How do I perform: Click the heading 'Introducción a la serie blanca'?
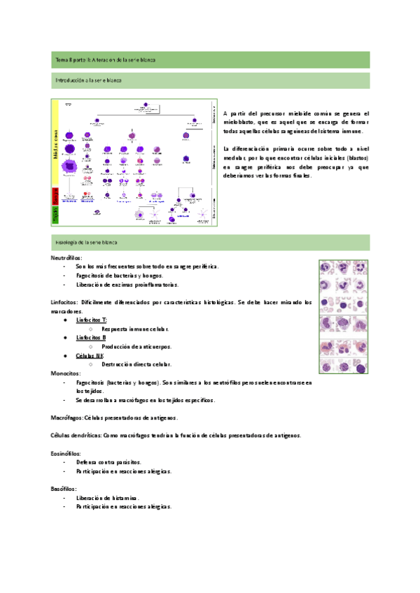[88, 81]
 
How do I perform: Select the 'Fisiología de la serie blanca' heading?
[86, 242]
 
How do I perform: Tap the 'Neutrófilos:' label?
[66, 258]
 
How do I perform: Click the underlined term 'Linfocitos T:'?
[91, 320]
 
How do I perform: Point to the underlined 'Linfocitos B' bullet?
[91, 338]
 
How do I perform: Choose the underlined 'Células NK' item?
[90, 356]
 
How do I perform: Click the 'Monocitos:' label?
[65, 374]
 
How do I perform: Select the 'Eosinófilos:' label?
[66, 454]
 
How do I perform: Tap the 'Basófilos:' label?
[64, 489]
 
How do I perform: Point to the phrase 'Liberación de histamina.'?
[108, 498]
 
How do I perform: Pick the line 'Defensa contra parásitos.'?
[108, 462]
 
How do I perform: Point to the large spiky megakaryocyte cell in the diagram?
[69, 166]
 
